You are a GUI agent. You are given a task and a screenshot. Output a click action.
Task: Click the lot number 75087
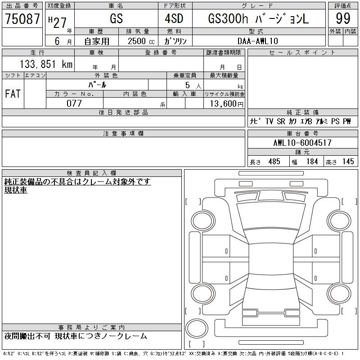coord(22,18)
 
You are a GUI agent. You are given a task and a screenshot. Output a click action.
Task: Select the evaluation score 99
coord(343,18)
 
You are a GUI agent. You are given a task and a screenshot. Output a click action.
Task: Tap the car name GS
coord(116,18)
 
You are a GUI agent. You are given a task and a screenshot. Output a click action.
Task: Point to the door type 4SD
coord(174,18)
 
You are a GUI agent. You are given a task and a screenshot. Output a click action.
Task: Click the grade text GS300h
coord(228,18)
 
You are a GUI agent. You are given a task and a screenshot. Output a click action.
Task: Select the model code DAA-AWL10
coord(257,41)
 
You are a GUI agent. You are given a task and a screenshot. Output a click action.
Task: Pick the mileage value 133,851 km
coord(46,64)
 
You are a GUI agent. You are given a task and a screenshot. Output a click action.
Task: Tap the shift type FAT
coord(13,94)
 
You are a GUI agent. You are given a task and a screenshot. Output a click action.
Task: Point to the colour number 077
coord(74,103)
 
